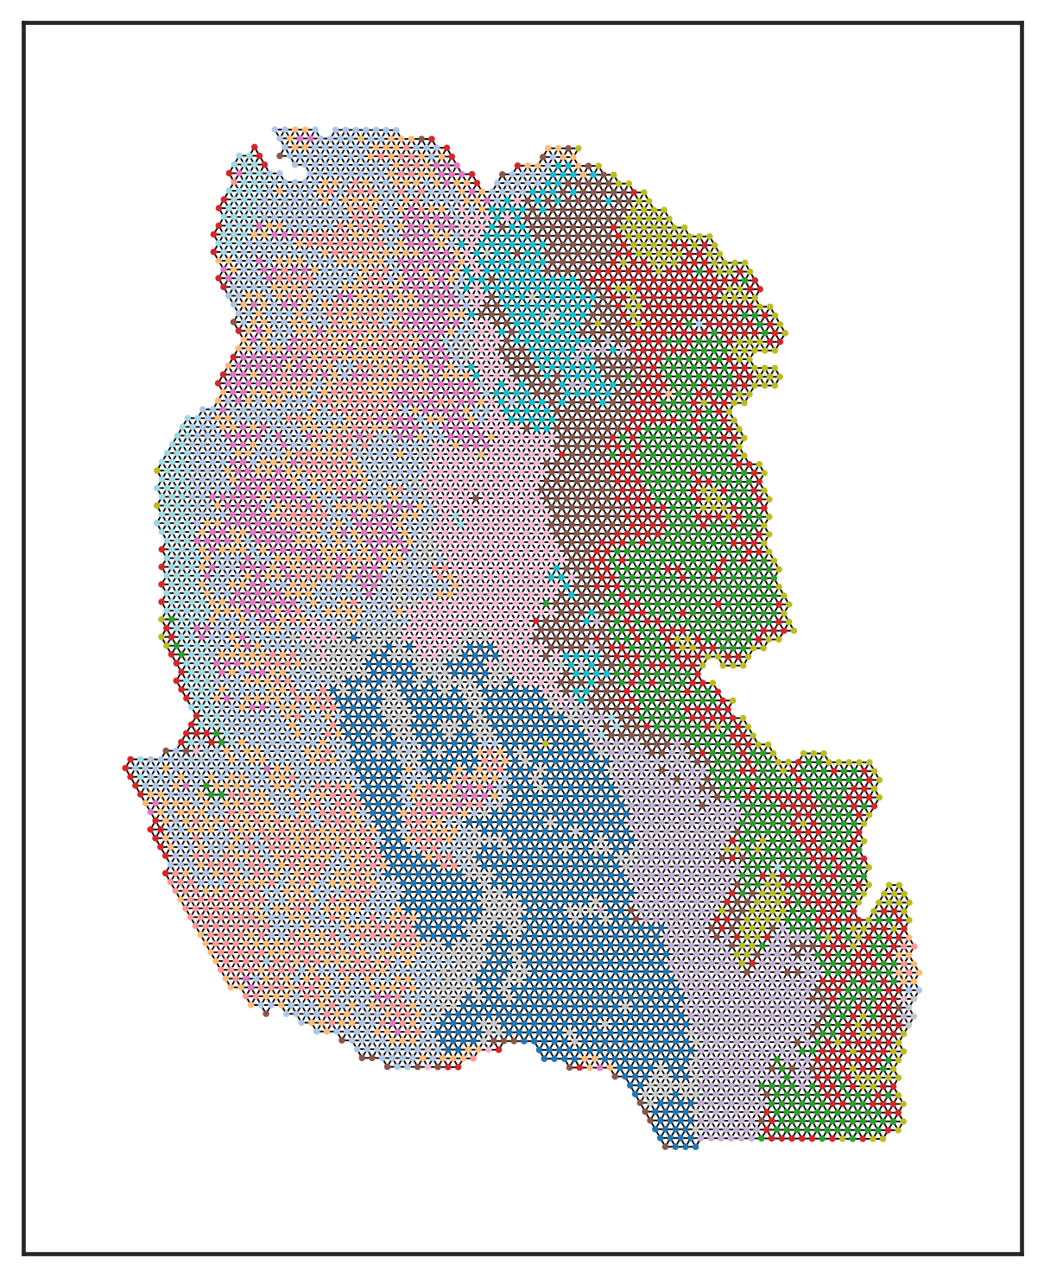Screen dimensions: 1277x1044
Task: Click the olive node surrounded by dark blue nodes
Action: point(545,742)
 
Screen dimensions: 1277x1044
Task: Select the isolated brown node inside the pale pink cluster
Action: point(475,498)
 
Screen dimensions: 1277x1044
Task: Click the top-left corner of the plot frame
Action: point(23,23)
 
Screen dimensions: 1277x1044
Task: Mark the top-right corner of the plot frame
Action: point(1022,23)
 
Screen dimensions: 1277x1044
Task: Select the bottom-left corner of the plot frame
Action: point(23,1253)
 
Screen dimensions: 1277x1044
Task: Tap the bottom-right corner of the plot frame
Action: point(1022,1253)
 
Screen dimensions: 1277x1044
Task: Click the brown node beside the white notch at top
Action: point(280,156)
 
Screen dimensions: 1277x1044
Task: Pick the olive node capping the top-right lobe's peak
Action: point(578,148)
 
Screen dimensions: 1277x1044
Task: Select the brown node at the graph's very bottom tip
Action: point(665,1146)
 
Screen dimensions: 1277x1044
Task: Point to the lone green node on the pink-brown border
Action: point(545,602)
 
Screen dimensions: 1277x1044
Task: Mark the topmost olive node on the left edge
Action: point(157,471)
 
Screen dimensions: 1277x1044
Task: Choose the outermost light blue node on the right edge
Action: point(918,989)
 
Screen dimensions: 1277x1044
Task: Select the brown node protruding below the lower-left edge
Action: point(266,1013)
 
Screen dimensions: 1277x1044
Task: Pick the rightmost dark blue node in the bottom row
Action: point(695,1146)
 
